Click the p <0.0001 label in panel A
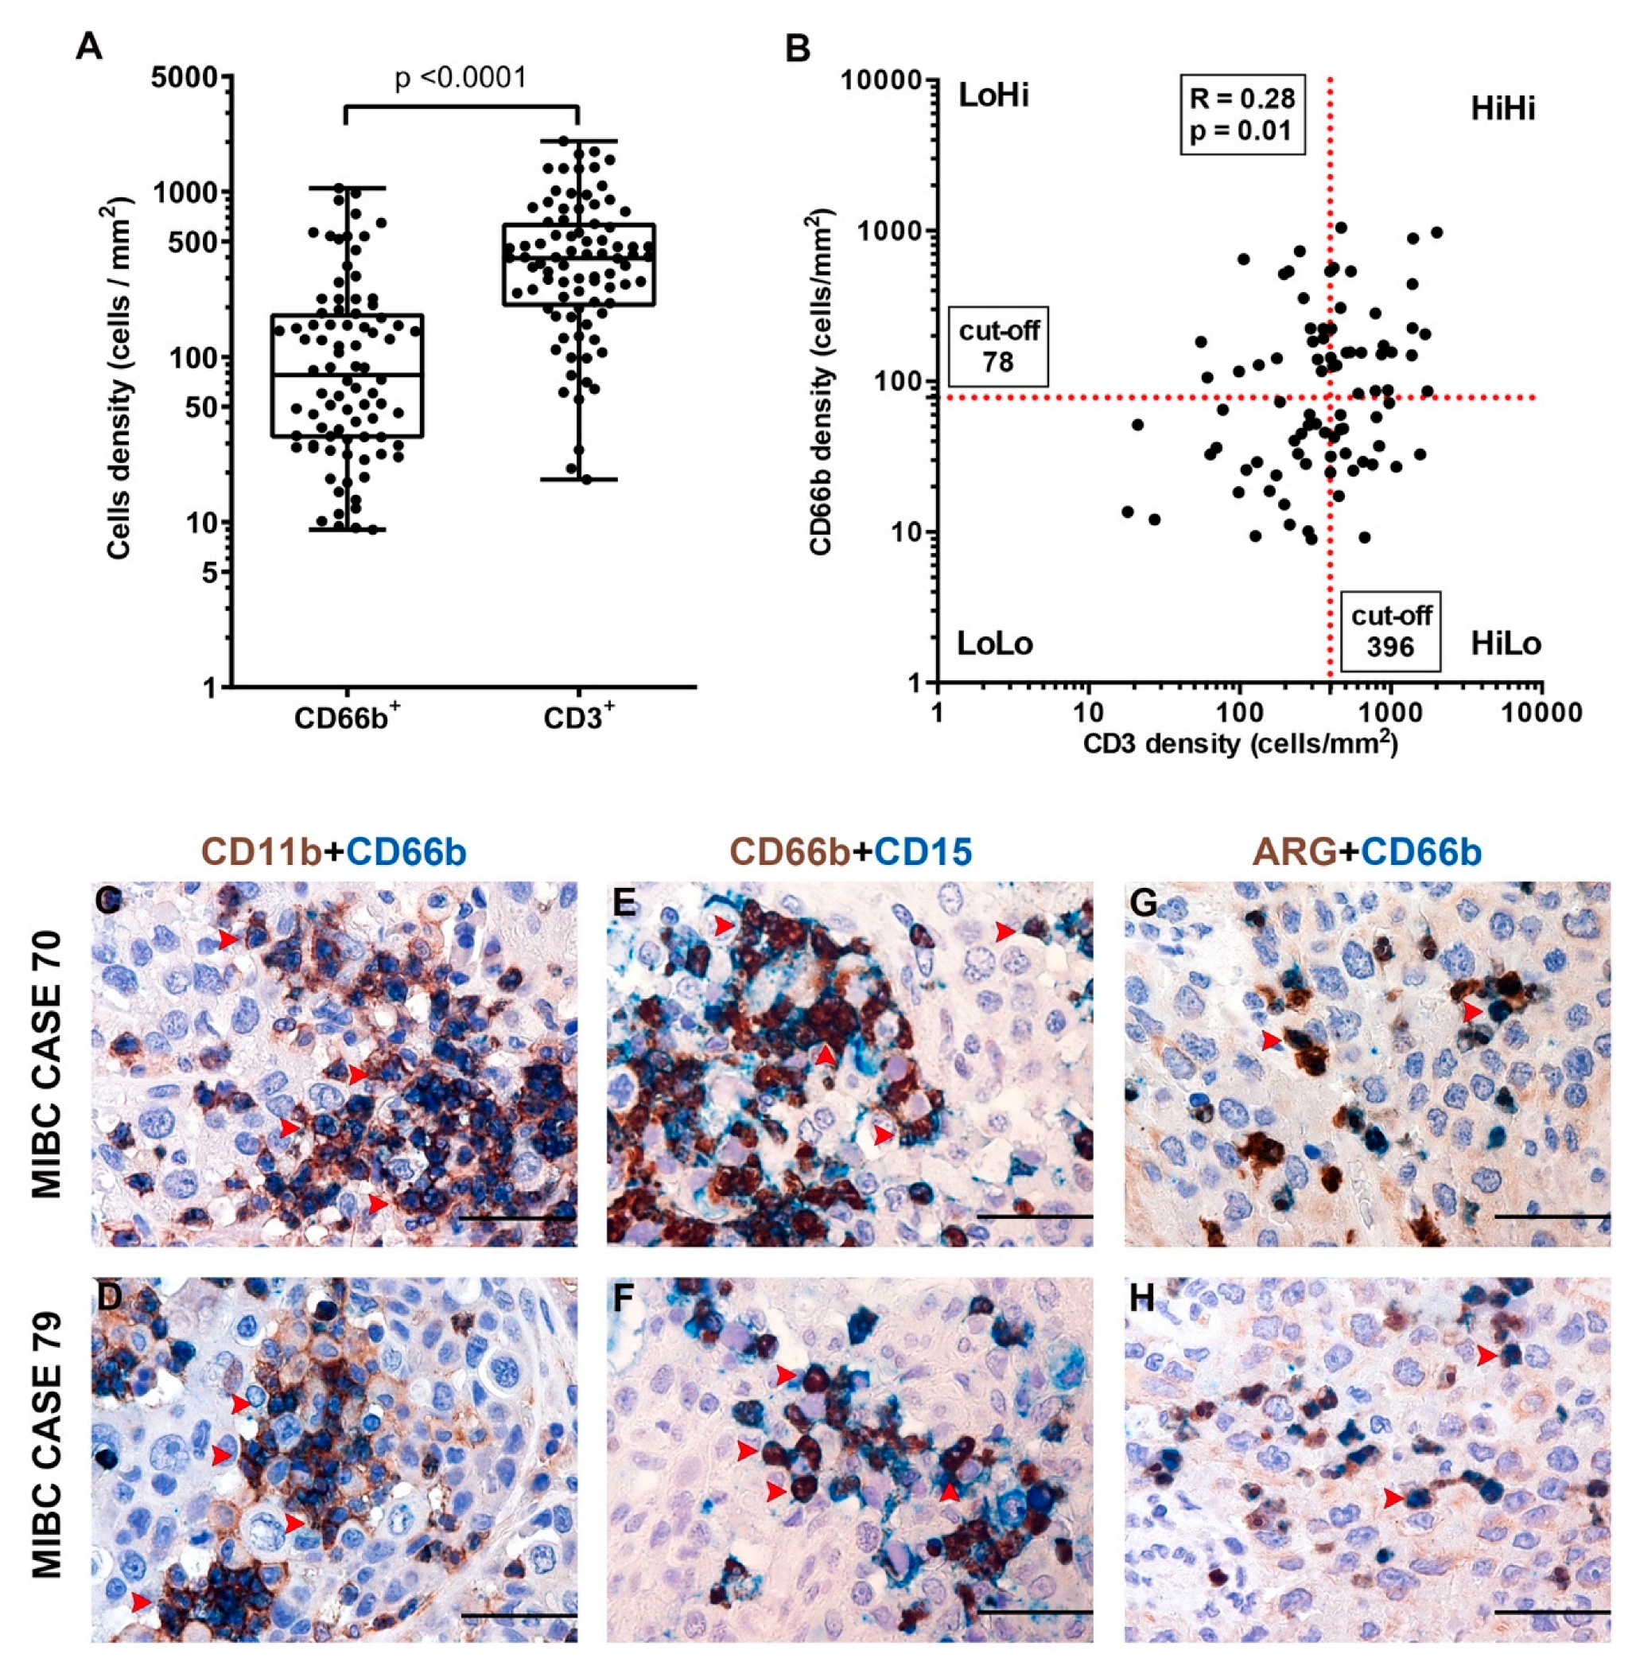click(x=460, y=78)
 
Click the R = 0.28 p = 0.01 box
click(x=1242, y=114)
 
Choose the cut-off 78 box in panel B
click(x=997, y=345)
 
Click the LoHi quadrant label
click(x=993, y=96)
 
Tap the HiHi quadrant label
click(x=1502, y=109)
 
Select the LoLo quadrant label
click(x=995, y=643)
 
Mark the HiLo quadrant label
click(x=1506, y=643)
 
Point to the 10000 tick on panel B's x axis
click(x=1541, y=714)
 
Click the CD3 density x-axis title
click(x=1239, y=743)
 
